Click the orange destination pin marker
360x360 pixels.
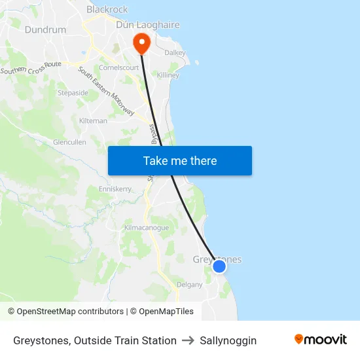point(141,43)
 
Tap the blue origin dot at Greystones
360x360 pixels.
point(219,266)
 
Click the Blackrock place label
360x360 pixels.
point(107,10)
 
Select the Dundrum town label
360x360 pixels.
point(45,29)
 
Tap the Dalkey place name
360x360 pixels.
point(175,52)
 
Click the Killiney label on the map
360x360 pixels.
point(168,75)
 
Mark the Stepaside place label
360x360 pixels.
point(73,93)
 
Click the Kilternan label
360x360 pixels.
point(92,121)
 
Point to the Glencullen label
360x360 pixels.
point(69,141)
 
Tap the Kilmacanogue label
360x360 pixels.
point(147,228)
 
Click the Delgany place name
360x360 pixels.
point(190,284)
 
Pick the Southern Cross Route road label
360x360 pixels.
point(31,67)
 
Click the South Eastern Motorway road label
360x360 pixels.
point(106,92)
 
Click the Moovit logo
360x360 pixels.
point(320,340)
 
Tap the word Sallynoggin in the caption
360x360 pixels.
point(228,340)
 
